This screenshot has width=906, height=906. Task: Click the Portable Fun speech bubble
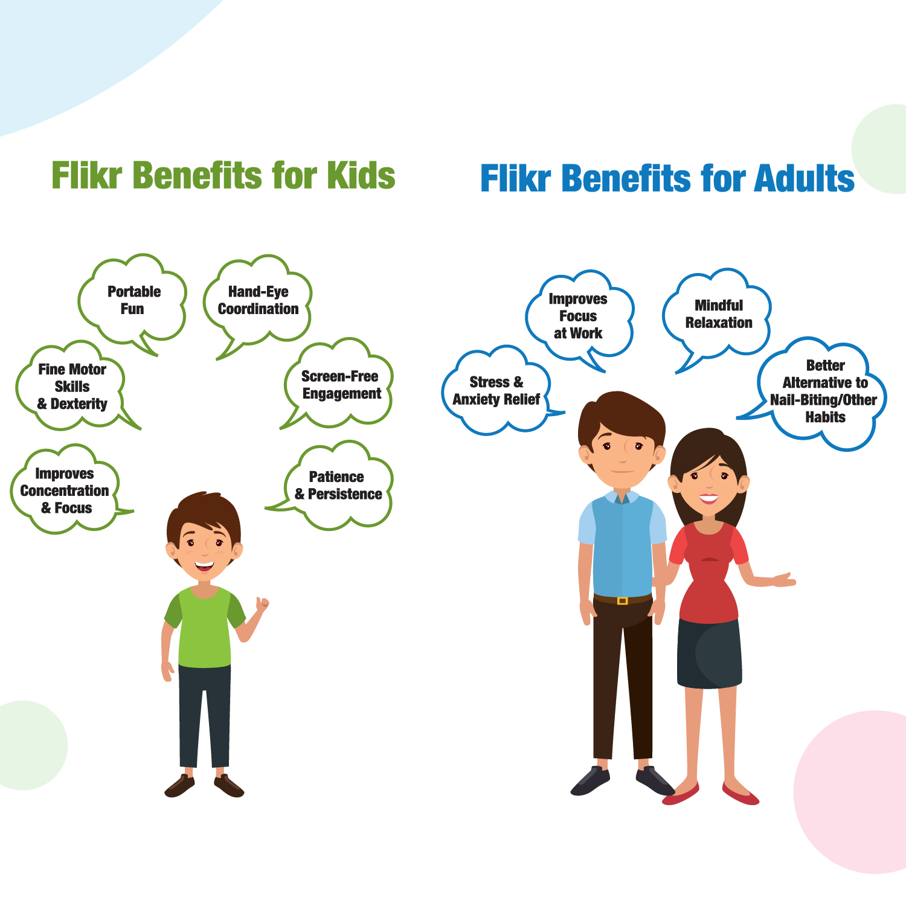[133, 300]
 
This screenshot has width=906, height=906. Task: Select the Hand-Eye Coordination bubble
[259, 300]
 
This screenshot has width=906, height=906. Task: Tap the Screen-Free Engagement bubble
[340, 385]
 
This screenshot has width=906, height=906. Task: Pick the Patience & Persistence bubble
[338, 486]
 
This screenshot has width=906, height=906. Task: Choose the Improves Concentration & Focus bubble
[65, 490]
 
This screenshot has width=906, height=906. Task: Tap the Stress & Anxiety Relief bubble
[496, 391]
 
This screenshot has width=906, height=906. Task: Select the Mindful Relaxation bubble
[718, 314]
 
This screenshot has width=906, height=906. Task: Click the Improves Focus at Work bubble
[578, 316]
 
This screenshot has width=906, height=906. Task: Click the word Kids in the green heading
[361, 175]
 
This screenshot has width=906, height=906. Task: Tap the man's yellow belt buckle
[622, 600]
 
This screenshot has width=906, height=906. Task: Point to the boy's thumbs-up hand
[262, 604]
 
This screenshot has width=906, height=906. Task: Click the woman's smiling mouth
[708, 499]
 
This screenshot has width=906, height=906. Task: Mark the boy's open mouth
[204, 567]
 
